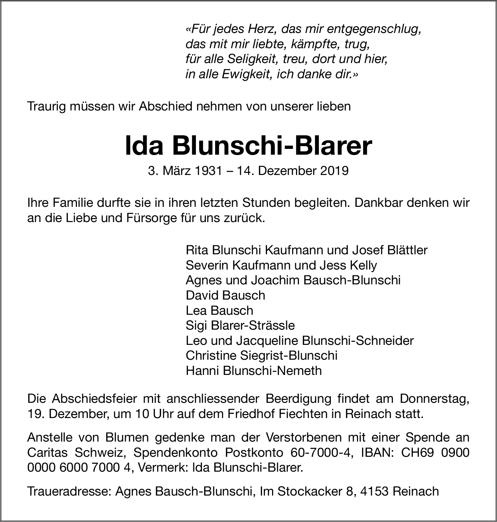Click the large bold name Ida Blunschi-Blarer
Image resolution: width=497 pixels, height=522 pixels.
point(248,146)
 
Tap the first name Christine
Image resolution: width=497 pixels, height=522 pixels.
point(211,355)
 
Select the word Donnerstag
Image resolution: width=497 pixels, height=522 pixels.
point(435,398)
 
